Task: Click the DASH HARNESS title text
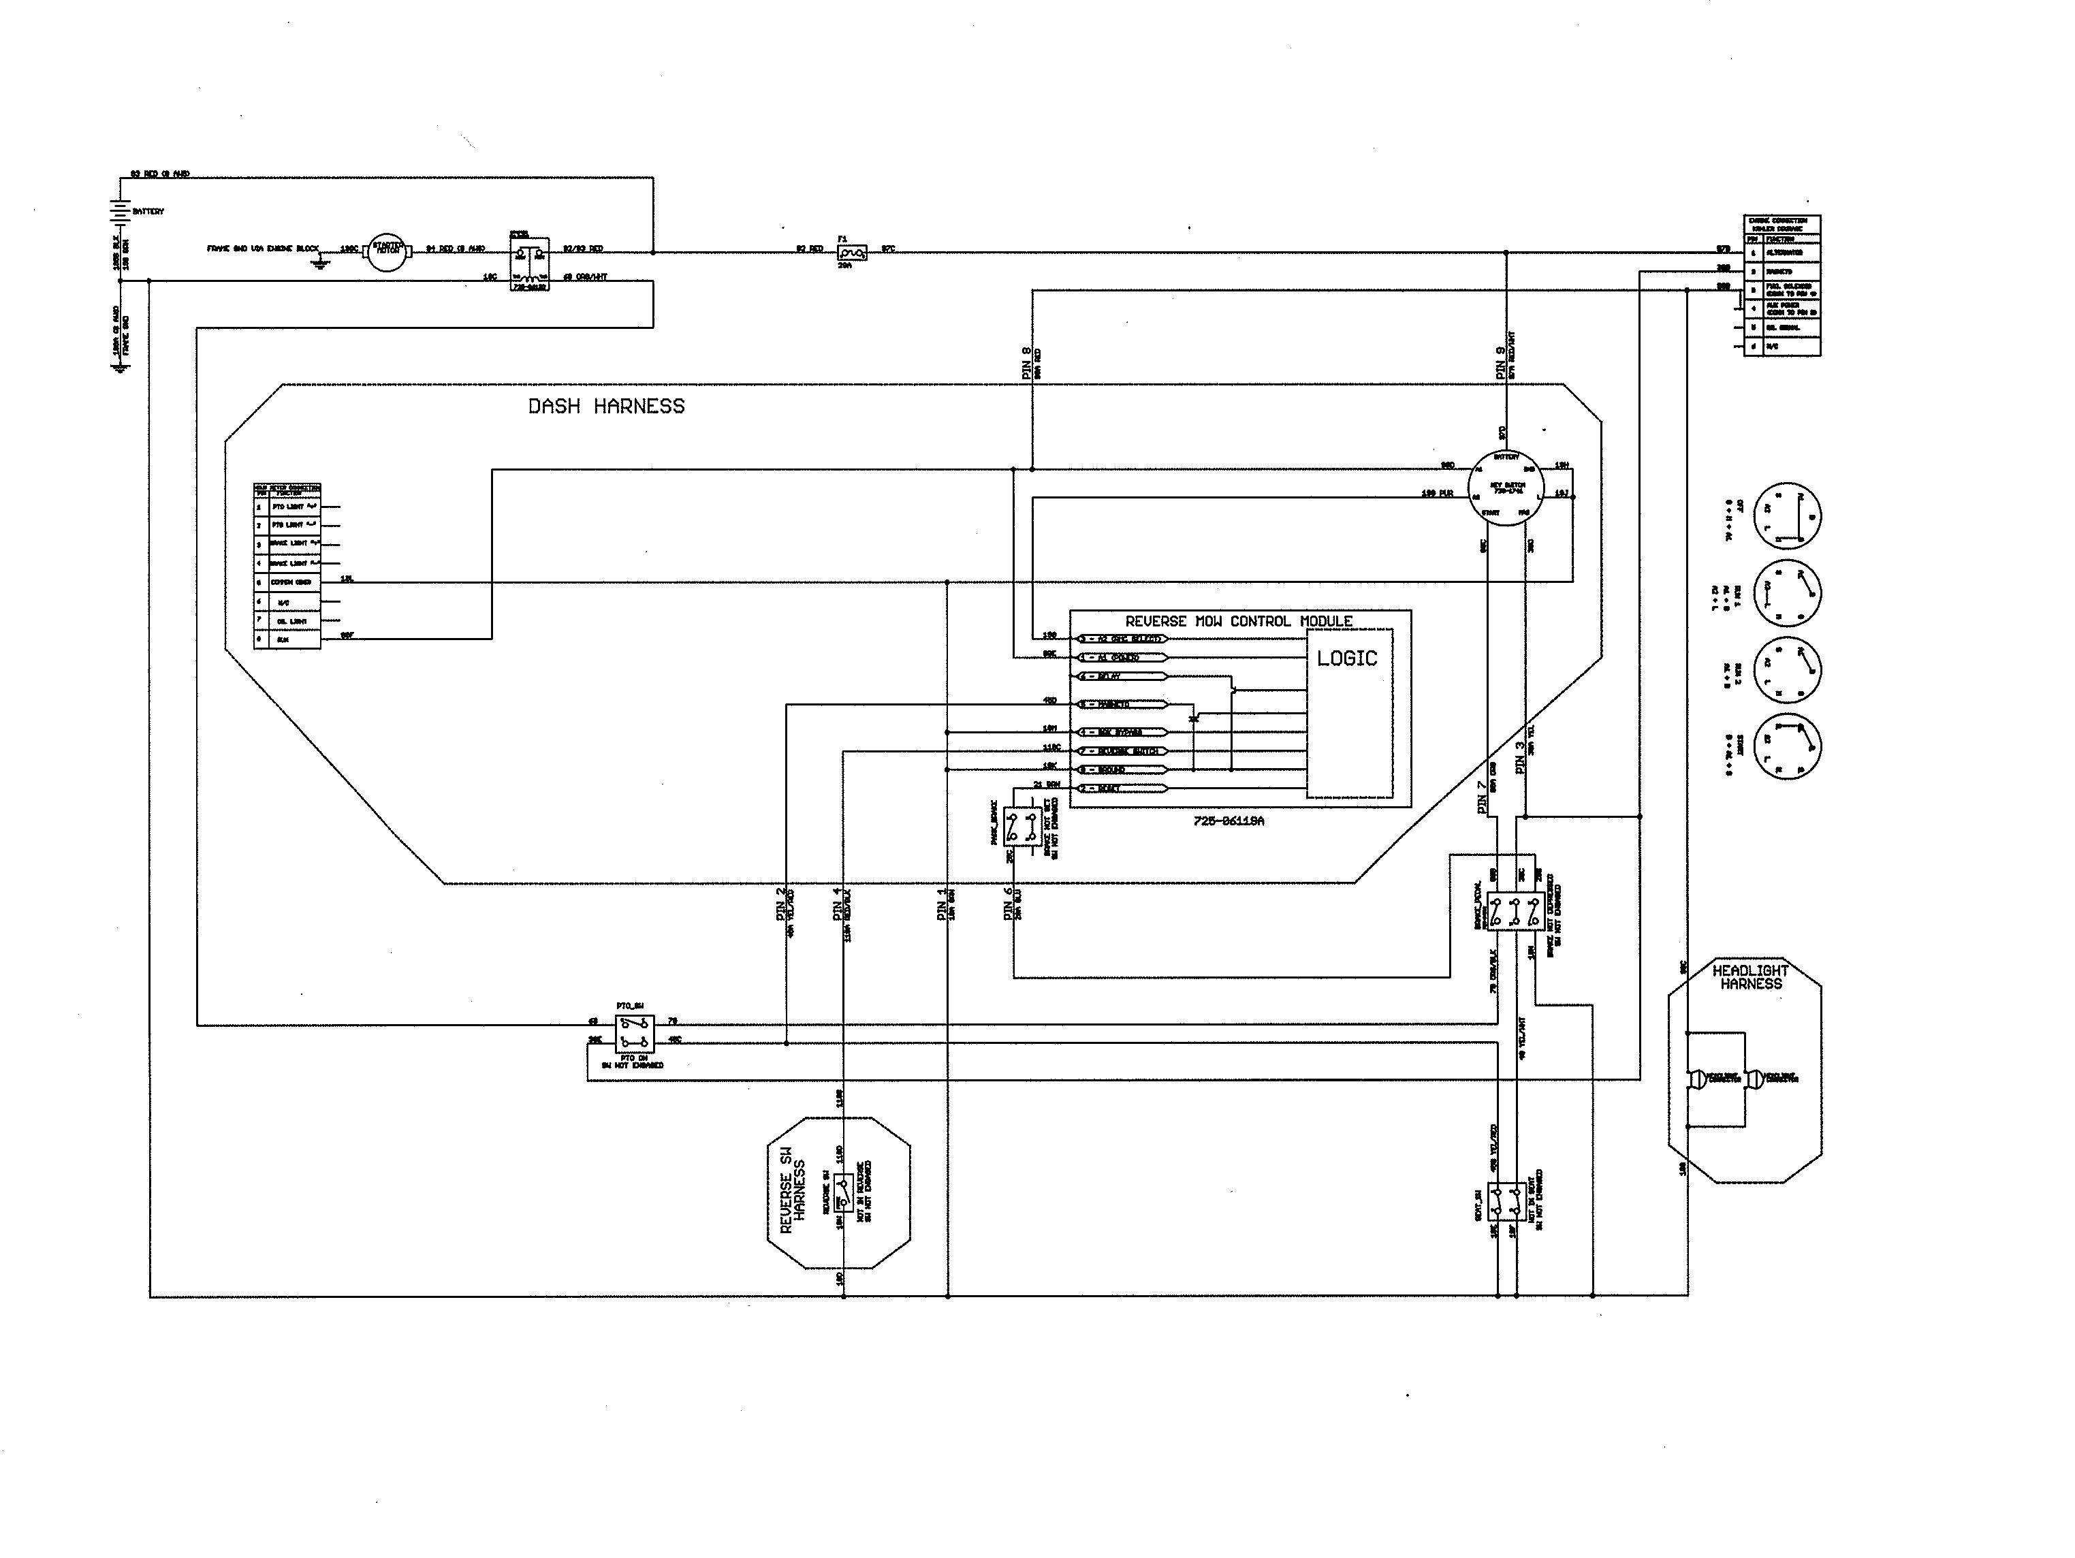606,406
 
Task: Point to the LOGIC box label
1347,658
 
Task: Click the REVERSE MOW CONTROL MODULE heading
1238,621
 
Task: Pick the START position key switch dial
1786,746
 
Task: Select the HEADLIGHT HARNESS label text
1750,977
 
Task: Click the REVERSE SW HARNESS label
793,1196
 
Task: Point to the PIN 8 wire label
1026,363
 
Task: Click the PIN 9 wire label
1501,363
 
